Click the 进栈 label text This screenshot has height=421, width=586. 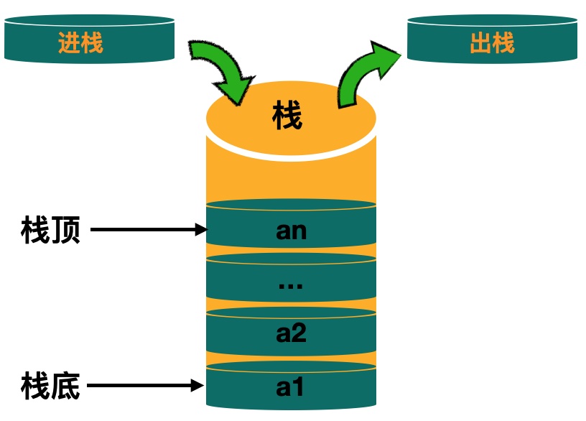point(80,43)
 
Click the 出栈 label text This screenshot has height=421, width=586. point(492,43)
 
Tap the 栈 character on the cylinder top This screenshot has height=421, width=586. point(288,115)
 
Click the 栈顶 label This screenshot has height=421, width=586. point(51,231)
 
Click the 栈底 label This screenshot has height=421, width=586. point(51,387)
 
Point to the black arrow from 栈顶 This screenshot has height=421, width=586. point(147,231)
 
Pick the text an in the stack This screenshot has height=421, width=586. point(291,231)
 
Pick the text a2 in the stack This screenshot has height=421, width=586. point(291,333)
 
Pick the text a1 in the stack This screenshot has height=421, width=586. point(291,387)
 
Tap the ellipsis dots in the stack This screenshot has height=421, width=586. point(291,284)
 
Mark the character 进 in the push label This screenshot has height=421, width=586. point(69,43)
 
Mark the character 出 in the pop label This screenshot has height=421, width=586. point(480,43)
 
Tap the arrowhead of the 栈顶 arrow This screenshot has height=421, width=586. point(202,231)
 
